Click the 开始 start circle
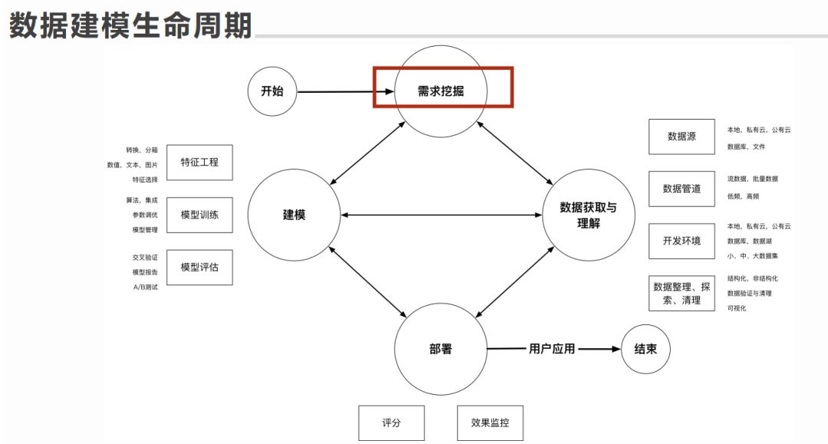tap(272, 91)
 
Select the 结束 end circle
tap(645, 349)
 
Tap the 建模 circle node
tap(294, 215)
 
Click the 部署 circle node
tap(441, 349)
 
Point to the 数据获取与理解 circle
tap(588, 215)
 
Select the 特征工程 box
tap(199, 162)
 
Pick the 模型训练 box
tap(199, 215)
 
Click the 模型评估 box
tap(199, 268)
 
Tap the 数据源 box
tap(682, 136)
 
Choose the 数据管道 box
tap(682, 189)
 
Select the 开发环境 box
tap(682, 241)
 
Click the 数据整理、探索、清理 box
tap(682, 293)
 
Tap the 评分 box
tap(391, 423)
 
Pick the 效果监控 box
tap(490, 423)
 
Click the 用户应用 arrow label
tap(551, 349)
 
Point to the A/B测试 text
tap(145, 287)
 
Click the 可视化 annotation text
tap(737, 308)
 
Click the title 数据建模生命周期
tap(130, 25)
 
